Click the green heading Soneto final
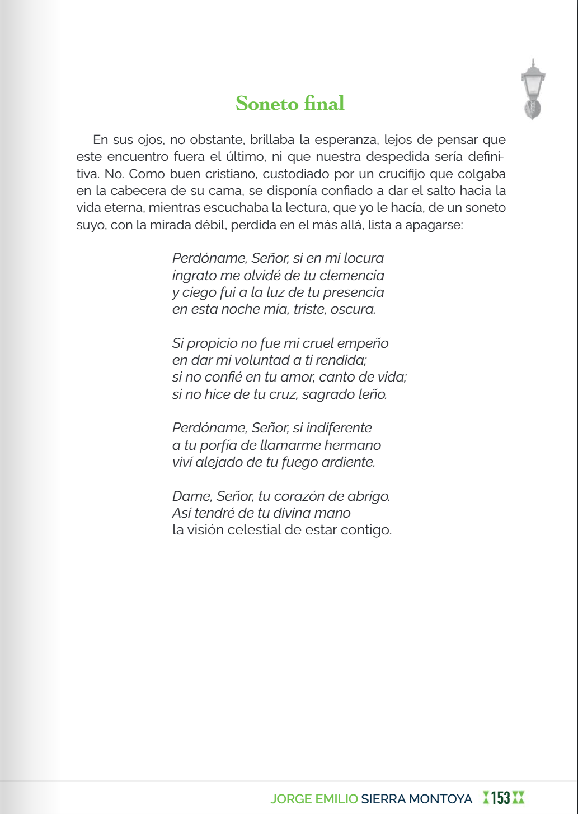(x=290, y=104)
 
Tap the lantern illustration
(x=533, y=90)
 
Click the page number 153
(x=501, y=798)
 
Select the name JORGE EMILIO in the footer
(x=314, y=799)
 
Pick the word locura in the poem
(x=364, y=258)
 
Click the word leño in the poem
(x=372, y=394)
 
